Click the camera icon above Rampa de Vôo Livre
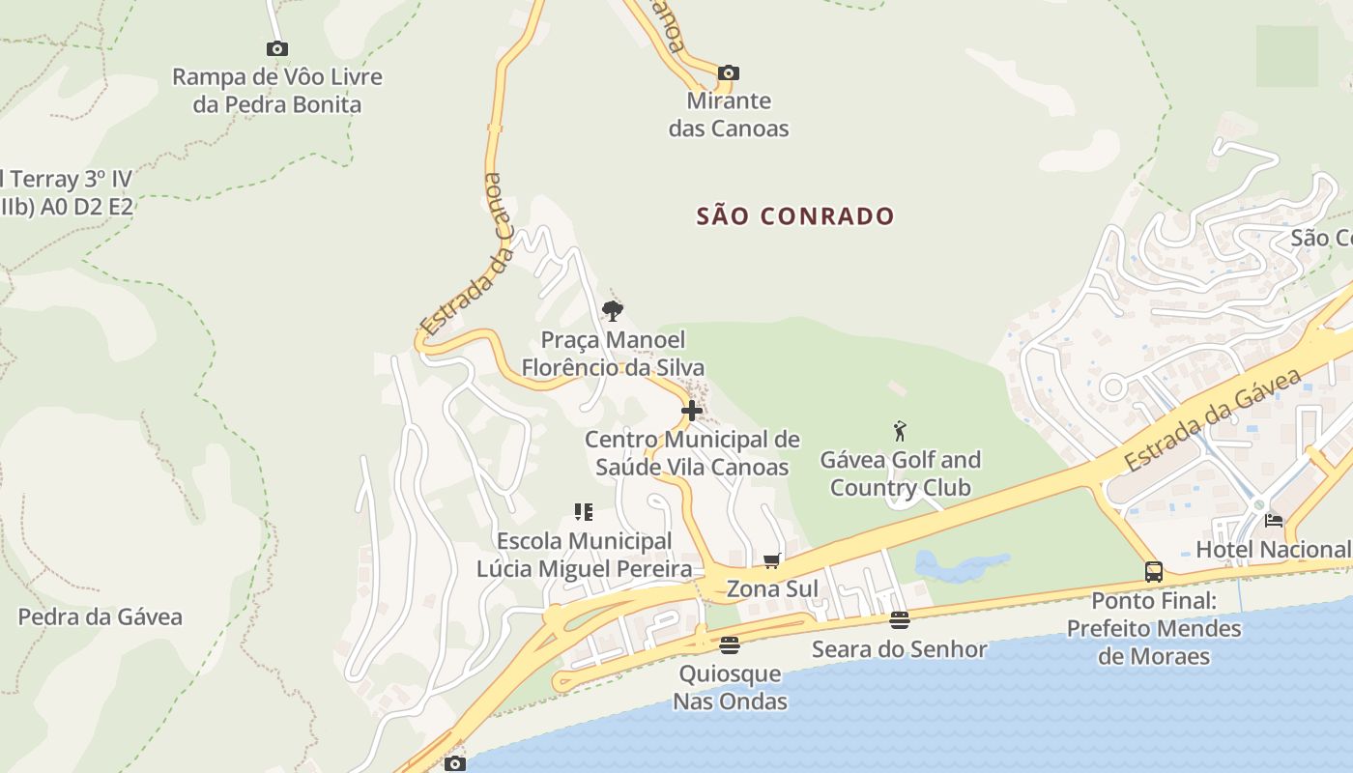click(x=277, y=48)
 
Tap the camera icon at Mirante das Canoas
click(x=729, y=72)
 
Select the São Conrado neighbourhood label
click(x=795, y=215)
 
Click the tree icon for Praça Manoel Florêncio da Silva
click(x=612, y=310)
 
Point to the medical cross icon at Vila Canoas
click(x=691, y=411)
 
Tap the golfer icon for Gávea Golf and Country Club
click(x=901, y=431)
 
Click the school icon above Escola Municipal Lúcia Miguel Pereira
click(x=583, y=512)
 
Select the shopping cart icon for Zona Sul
click(x=771, y=560)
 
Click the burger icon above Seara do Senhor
click(x=899, y=620)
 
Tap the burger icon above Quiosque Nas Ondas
click(x=730, y=644)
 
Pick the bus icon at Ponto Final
click(x=1154, y=571)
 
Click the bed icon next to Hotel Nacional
click(x=1274, y=521)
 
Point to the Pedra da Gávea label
click(x=100, y=616)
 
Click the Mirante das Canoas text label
click(x=729, y=114)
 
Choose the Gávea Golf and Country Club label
click(x=900, y=473)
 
